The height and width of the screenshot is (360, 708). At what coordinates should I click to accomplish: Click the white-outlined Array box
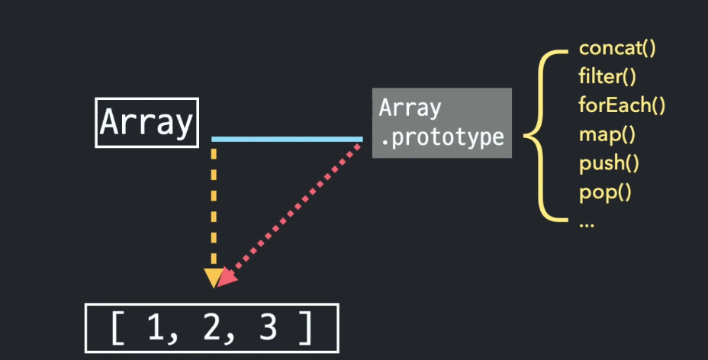(x=146, y=122)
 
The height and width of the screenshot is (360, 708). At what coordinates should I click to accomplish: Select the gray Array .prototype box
(x=442, y=123)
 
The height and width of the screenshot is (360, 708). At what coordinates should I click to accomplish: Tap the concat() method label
(x=617, y=49)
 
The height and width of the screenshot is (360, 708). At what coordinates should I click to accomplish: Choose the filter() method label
(x=607, y=77)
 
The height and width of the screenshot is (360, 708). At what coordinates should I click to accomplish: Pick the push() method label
(x=609, y=162)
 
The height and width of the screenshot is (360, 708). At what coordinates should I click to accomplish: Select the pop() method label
(x=605, y=191)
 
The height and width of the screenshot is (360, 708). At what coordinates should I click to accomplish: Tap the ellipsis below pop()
(x=587, y=223)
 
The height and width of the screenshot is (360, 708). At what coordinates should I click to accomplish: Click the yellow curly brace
(x=544, y=134)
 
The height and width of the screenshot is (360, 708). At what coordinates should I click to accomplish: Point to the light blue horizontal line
(x=287, y=139)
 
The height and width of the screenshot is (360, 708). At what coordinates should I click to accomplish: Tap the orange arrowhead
(x=214, y=278)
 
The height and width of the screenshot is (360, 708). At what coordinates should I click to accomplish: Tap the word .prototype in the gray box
(x=442, y=138)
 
